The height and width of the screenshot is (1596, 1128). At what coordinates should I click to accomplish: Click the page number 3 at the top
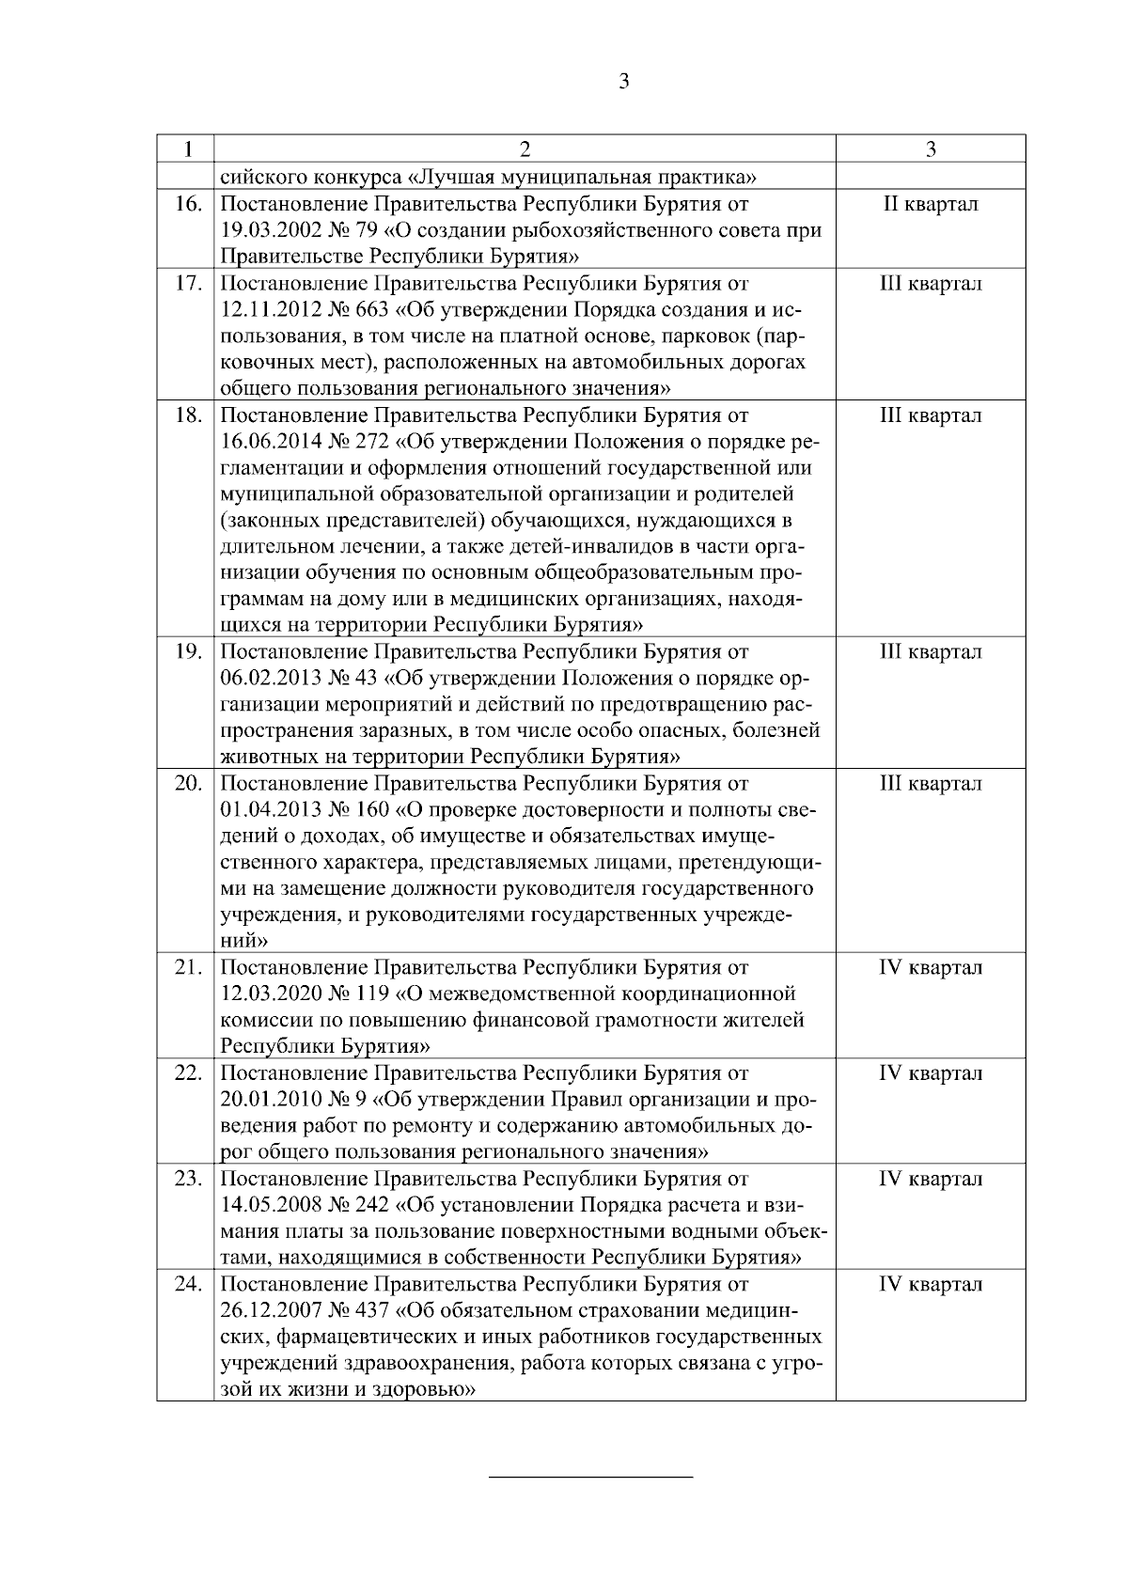[x=624, y=81]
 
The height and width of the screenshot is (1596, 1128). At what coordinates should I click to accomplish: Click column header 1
[x=190, y=149]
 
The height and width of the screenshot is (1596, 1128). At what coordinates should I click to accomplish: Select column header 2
[x=525, y=149]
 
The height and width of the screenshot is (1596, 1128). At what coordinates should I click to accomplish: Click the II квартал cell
[x=930, y=204]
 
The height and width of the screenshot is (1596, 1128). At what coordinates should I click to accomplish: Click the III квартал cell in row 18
[x=930, y=415]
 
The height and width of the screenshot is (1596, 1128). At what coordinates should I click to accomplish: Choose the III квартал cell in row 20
[x=930, y=783]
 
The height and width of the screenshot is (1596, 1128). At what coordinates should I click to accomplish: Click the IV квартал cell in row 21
[x=930, y=967]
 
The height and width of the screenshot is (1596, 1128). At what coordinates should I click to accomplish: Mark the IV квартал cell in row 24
[x=930, y=1283]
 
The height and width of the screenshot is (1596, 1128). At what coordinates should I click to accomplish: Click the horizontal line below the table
[x=591, y=1479]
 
